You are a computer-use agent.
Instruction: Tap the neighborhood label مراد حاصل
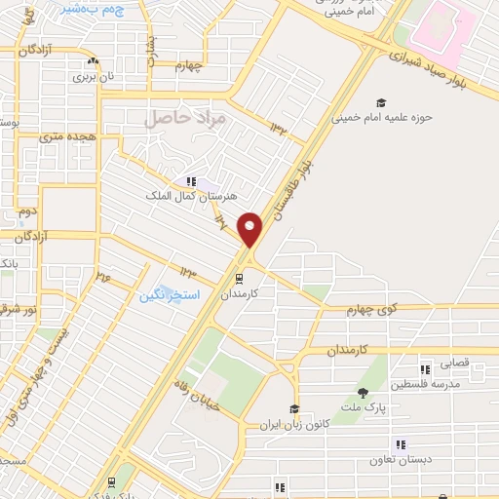click(x=185, y=118)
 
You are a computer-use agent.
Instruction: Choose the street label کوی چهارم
click(x=373, y=309)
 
